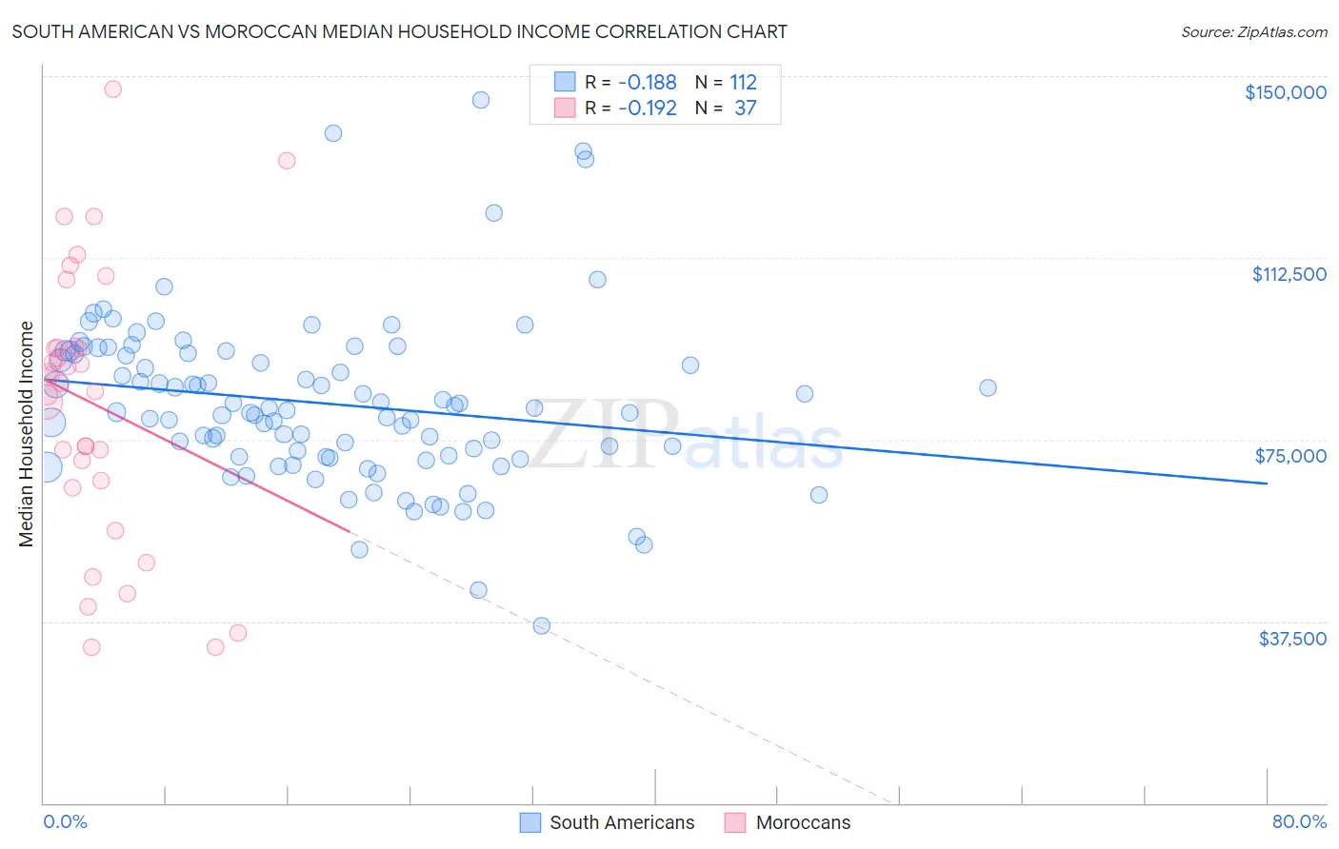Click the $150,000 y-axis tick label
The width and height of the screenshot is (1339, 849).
pos(1285,92)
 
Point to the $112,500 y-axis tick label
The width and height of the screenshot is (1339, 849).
pos(1289,274)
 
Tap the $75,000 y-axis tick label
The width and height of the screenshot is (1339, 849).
pos(1290,456)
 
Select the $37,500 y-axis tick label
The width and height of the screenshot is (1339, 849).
pos(1291,639)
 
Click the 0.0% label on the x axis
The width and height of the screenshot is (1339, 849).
pos(65,821)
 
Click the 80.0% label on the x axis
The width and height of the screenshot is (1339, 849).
pos(1299,821)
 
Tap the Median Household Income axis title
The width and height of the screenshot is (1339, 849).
pos(27,434)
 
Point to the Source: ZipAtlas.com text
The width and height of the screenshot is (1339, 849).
pos(1253,31)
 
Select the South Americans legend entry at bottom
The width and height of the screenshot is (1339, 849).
pos(621,822)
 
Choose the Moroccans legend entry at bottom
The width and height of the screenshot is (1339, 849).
pos(802,822)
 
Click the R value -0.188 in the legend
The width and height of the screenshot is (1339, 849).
pos(647,82)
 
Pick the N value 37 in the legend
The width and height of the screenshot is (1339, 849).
pos(745,108)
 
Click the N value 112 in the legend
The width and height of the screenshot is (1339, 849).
pos(743,82)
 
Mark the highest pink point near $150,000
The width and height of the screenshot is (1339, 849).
pos(112,89)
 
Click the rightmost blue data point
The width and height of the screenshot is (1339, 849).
pos(988,387)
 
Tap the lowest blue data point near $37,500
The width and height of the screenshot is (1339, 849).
pos(541,625)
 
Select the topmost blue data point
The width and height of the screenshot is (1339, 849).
pos(481,100)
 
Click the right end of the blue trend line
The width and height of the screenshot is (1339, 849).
pos(1267,484)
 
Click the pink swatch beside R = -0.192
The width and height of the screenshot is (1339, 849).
pos(565,108)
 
